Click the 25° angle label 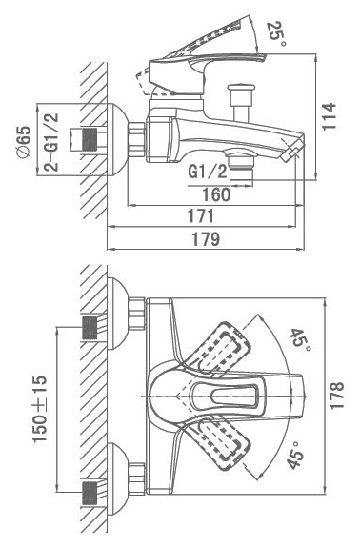pos(276,34)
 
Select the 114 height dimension pos(330,116)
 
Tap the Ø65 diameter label pos(25,141)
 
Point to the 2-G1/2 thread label pos(51,142)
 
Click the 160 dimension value pos(216,194)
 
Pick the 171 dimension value pos(201,216)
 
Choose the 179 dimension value pos(206,239)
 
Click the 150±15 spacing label pos(40,409)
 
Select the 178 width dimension pos(337,396)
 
